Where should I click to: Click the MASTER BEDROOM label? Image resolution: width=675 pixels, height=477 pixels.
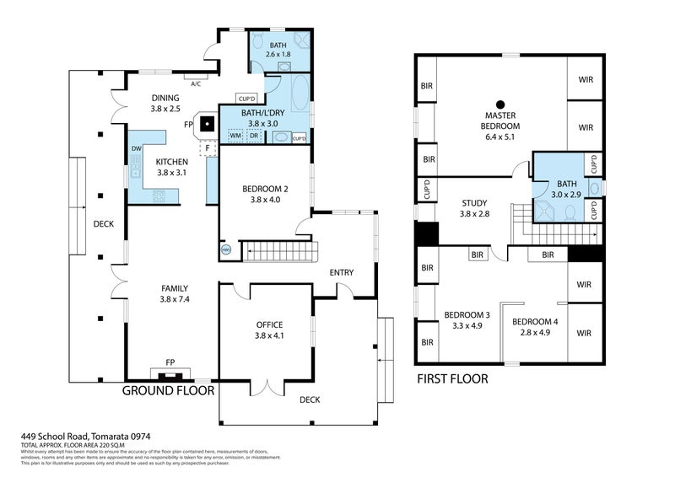(501, 121)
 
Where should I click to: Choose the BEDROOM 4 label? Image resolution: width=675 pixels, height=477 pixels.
(534, 321)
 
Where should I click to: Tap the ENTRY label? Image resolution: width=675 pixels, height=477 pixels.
(342, 272)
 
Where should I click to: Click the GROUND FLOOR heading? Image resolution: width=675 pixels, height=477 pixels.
(169, 391)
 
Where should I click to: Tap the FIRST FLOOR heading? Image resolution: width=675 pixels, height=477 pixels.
(453, 379)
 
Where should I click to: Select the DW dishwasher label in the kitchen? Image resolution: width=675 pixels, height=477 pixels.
(136, 148)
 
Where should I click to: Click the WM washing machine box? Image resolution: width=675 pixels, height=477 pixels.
(235, 135)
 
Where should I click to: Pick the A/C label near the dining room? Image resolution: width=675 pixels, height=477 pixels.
(196, 84)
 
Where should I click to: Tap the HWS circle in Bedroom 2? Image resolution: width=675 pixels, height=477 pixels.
(225, 249)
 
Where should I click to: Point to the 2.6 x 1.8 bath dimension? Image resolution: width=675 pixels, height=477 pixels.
(278, 55)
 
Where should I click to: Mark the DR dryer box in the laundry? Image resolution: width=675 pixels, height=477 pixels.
(253, 135)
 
